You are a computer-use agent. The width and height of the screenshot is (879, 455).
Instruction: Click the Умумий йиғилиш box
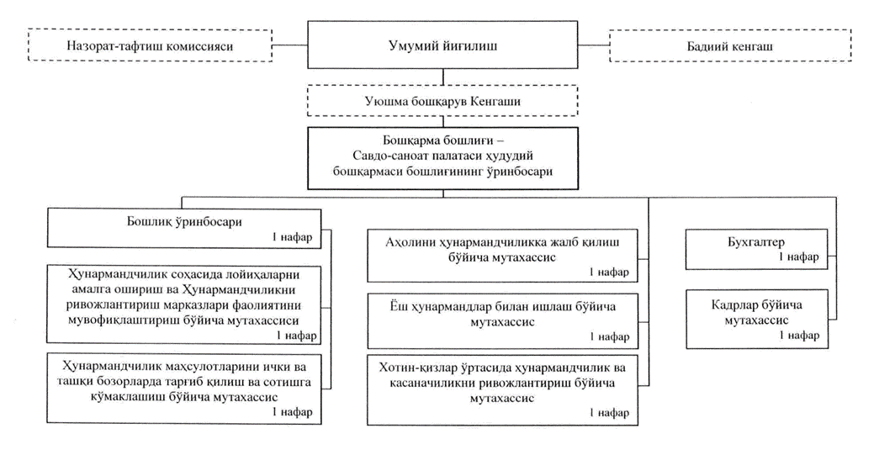(442, 45)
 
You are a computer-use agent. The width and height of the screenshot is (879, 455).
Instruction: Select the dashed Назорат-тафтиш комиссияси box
(150, 45)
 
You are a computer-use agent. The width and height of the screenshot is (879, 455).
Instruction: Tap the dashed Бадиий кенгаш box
(730, 45)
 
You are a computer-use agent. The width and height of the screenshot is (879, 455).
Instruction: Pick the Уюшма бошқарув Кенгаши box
(442, 100)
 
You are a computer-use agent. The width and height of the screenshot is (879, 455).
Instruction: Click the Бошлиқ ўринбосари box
(184, 228)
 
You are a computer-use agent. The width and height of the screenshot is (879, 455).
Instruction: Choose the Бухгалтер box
(757, 249)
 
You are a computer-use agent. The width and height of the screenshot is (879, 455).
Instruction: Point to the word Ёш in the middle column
(397, 307)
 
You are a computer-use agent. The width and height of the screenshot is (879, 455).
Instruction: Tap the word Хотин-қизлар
(412, 368)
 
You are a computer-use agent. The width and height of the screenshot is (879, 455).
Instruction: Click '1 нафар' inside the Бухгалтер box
(798, 257)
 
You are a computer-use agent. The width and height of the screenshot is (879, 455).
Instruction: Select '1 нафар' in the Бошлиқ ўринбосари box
(292, 236)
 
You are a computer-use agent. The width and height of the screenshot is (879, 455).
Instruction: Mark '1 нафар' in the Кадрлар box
(798, 336)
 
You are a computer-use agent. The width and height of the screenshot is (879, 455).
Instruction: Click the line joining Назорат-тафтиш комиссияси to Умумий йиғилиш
(290, 45)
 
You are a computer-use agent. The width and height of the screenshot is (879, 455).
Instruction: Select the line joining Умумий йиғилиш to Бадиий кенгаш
(594, 45)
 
